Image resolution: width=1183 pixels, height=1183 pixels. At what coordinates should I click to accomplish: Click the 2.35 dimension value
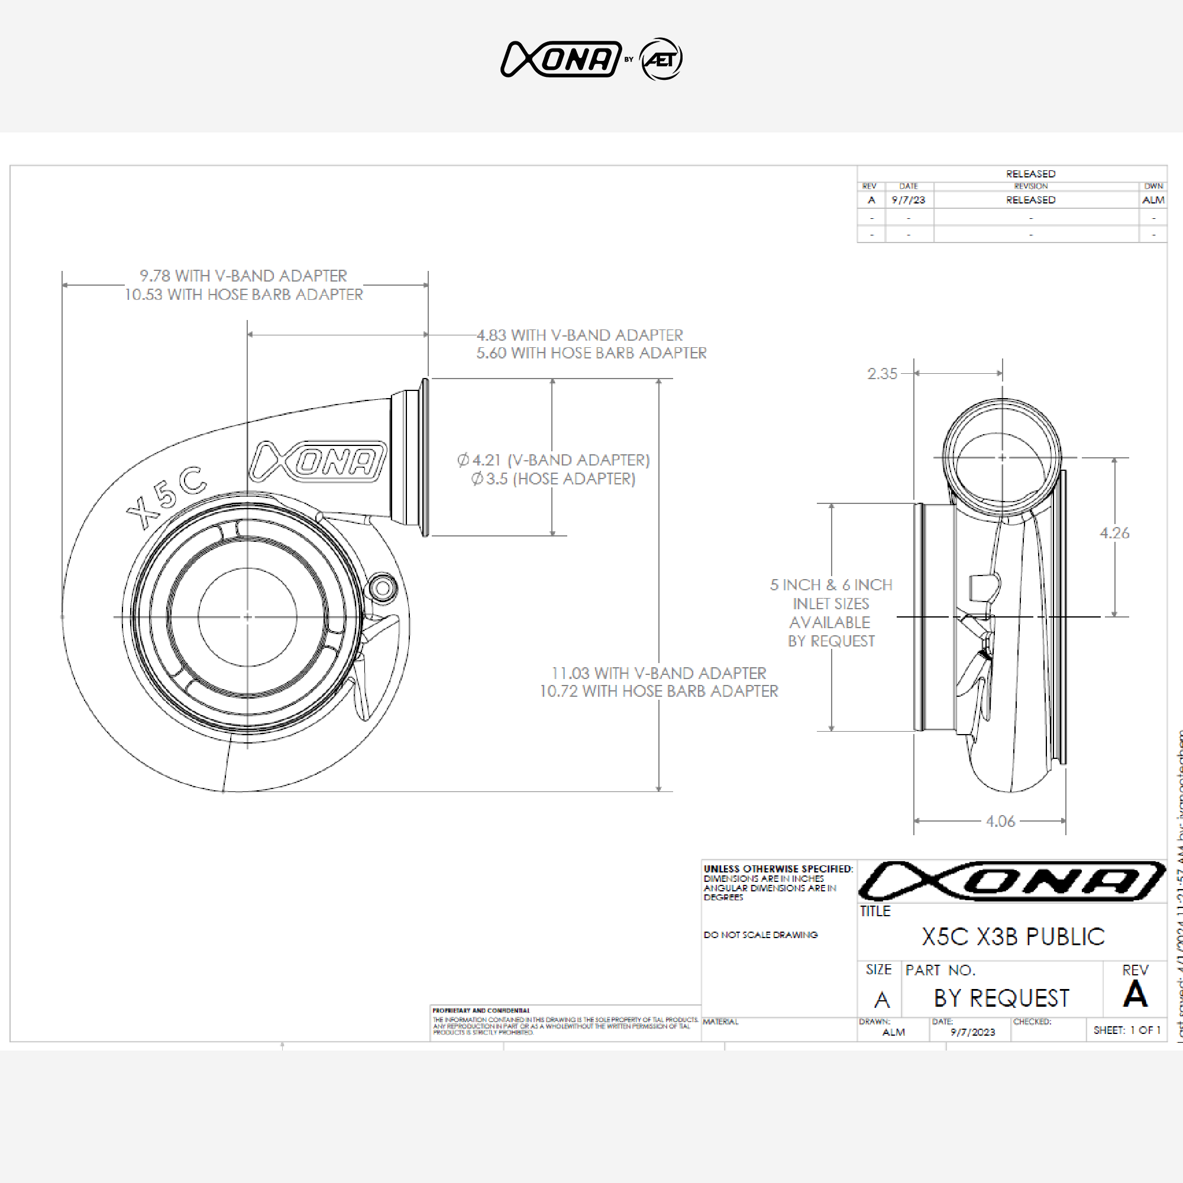point(882,373)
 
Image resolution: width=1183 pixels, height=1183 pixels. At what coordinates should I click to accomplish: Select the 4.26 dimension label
point(1114,533)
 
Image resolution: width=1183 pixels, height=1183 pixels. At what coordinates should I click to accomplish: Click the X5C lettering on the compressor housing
point(166,497)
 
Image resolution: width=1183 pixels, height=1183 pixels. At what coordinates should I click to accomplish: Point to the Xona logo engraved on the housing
point(318,461)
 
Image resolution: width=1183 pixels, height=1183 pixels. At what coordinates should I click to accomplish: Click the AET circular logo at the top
point(661,59)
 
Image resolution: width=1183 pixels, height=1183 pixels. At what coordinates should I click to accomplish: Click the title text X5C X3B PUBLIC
point(1013,936)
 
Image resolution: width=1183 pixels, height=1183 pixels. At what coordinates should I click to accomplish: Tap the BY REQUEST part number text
point(1001,998)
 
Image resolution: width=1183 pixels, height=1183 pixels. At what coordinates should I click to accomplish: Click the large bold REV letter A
point(1134,994)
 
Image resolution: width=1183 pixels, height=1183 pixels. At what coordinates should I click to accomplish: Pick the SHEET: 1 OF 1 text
point(1127,1030)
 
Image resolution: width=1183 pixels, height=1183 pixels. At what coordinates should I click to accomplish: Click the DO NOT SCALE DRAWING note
point(761,935)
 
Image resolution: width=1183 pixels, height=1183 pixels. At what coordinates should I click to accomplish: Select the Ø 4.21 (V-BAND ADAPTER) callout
point(553,460)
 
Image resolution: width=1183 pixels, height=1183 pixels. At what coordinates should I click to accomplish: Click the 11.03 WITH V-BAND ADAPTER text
point(658,673)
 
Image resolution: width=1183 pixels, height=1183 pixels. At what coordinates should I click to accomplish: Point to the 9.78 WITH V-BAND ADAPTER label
point(243,276)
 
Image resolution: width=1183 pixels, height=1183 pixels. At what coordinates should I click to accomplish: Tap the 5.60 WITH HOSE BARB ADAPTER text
point(591,353)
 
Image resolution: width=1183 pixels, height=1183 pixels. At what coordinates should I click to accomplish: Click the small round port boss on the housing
point(382,589)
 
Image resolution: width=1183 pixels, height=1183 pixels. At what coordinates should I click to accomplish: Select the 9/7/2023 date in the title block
point(972,1032)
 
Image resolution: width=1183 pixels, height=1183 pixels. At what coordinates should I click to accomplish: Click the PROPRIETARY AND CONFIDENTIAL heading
point(481,1010)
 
